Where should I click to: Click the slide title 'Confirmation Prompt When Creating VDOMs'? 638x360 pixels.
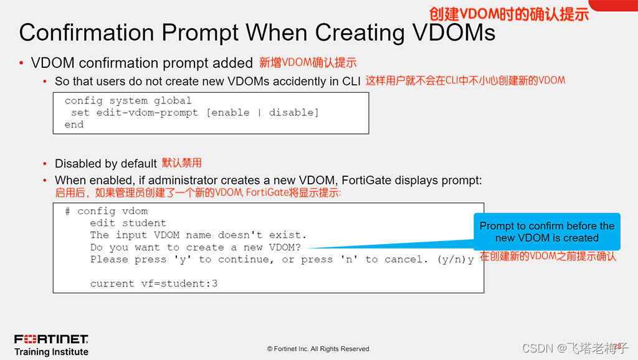coord(257,32)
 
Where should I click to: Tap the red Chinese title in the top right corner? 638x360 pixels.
coord(508,14)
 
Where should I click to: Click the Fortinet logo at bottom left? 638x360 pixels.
coord(51,339)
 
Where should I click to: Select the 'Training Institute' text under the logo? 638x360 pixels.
coord(51,352)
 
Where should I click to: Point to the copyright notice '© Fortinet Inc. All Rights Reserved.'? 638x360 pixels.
coord(319,349)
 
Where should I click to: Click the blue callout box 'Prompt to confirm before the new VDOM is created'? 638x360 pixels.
coord(546,232)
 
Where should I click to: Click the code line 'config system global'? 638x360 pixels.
coord(128,101)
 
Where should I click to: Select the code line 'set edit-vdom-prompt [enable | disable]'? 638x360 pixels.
coord(194,113)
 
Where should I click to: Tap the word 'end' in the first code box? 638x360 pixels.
coord(74,125)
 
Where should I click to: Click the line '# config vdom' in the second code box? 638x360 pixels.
coord(106,211)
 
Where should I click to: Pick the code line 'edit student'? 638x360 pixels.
coord(128,223)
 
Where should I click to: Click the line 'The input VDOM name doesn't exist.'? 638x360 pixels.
coord(198,235)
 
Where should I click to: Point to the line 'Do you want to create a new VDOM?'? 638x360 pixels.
coord(195,247)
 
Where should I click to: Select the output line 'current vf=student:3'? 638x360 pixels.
coord(153,283)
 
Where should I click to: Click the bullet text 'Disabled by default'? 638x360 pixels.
coord(105,164)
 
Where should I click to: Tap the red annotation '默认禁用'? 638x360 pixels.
coord(182,163)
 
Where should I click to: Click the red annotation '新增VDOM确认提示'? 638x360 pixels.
coord(308,62)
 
